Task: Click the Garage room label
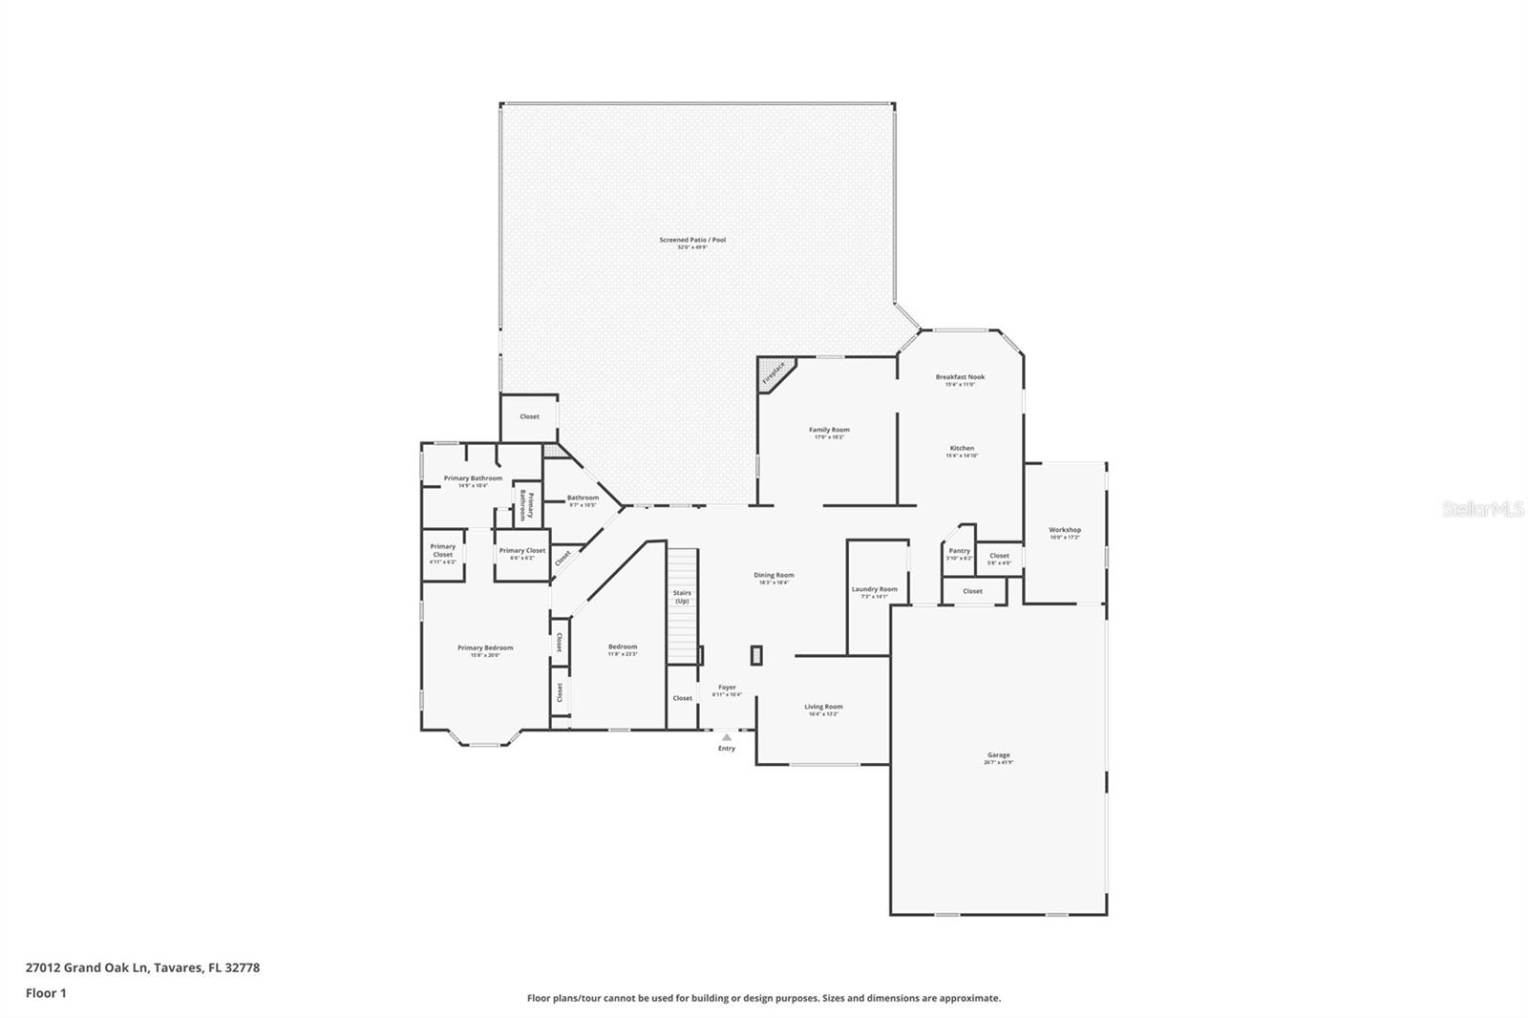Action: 998,755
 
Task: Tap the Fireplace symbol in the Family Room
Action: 774,372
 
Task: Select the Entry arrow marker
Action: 727,737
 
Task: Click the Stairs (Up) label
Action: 682,597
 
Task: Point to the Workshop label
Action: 1065,530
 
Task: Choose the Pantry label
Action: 959,551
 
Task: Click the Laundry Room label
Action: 874,589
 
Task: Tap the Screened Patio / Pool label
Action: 692,240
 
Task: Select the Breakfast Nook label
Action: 960,377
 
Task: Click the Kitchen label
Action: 962,448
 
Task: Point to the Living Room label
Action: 823,707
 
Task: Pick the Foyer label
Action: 727,687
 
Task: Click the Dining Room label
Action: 774,575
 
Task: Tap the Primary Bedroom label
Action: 485,647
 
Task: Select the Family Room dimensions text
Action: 829,437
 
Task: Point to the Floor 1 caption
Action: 46,993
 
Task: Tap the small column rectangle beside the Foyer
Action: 756,655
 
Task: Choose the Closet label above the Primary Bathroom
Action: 529,416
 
